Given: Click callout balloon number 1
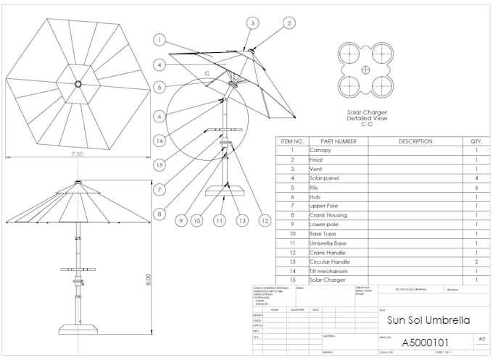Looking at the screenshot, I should tap(160, 41).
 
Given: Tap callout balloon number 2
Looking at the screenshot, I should tap(289, 23).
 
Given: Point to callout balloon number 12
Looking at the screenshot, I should tap(265, 220).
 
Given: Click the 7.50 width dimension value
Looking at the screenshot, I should tap(78, 154).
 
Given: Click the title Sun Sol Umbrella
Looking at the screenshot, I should tap(428, 319).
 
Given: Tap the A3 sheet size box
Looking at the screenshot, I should tap(482, 338).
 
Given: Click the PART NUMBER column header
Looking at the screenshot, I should tap(337, 141).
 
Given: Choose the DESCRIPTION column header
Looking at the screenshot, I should tap(415, 141).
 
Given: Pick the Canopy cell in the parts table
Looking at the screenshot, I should tap(321, 150).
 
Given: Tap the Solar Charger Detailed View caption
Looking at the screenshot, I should tap(366, 118).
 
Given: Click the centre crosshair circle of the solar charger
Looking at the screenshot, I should tap(366, 70).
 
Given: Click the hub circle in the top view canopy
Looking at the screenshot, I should tap(78, 84).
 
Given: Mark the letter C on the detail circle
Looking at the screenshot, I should tap(207, 74).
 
